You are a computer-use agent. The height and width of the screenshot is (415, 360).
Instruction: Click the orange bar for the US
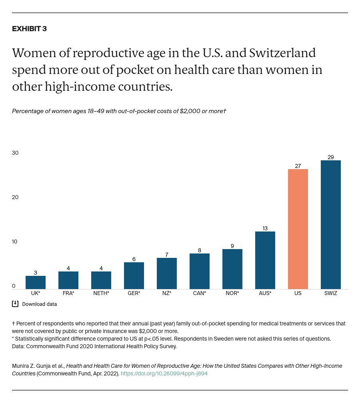click(298, 229)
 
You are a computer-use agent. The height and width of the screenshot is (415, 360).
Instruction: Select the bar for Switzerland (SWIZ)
click(330, 225)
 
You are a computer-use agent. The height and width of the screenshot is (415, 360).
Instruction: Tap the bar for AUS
click(265, 260)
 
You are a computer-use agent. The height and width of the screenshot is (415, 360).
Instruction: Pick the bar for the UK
click(36, 282)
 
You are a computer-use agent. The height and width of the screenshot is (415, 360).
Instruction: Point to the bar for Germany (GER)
click(134, 275)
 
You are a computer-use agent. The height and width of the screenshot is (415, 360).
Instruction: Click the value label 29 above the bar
click(330, 157)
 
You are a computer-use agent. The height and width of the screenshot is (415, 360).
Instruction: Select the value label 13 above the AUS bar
click(265, 228)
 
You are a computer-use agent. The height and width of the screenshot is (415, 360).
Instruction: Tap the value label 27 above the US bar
click(298, 166)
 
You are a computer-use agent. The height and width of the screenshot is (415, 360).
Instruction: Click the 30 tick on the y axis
click(15, 153)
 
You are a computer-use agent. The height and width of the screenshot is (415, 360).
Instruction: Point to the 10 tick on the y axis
click(15, 241)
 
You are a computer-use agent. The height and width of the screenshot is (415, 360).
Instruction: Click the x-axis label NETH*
click(101, 293)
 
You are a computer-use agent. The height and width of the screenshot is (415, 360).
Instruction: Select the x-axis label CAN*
click(199, 293)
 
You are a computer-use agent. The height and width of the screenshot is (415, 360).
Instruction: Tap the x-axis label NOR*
click(232, 293)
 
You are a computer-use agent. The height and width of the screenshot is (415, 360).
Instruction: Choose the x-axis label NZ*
click(166, 293)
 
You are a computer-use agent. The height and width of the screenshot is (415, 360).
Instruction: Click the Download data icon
click(15, 304)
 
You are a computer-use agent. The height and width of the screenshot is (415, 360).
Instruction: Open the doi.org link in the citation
click(164, 373)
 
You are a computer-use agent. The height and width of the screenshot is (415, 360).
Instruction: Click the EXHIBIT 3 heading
click(29, 29)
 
